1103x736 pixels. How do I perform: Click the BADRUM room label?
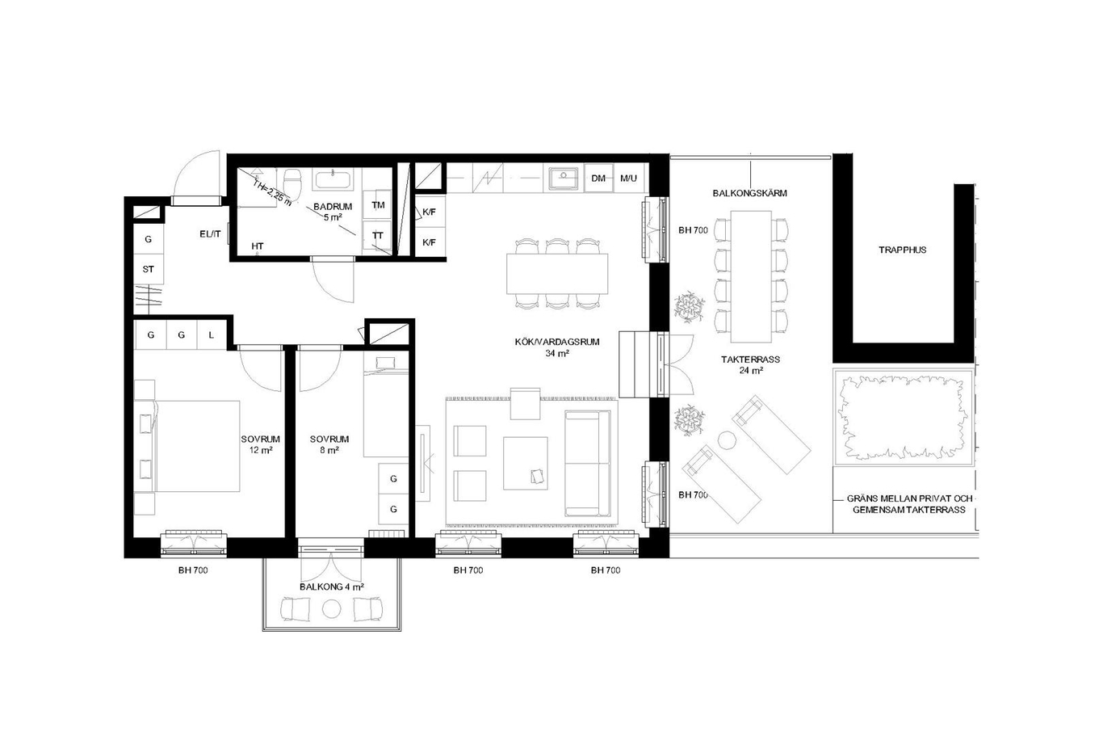pyautogui.click(x=333, y=206)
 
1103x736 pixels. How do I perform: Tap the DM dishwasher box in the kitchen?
pyautogui.click(x=598, y=179)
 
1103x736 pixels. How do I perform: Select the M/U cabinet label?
pyautogui.click(x=628, y=179)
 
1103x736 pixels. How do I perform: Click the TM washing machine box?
pyautogui.click(x=378, y=204)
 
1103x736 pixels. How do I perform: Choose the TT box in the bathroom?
pyautogui.click(x=378, y=236)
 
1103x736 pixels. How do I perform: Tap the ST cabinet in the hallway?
pyautogui.click(x=149, y=270)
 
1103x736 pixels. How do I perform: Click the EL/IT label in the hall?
pyautogui.click(x=210, y=234)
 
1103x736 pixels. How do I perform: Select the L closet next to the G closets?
pyautogui.click(x=212, y=335)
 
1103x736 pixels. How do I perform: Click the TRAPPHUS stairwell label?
pyautogui.click(x=903, y=250)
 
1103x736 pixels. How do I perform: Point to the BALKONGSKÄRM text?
pyautogui.click(x=749, y=193)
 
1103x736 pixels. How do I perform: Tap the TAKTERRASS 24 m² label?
pyautogui.click(x=750, y=364)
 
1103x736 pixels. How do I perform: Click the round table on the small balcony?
pyautogui.click(x=331, y=609)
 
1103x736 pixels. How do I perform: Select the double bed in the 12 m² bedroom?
pyautogui.click(x=197, y=446)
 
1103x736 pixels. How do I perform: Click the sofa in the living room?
pyautogui.click(x=588, y=463)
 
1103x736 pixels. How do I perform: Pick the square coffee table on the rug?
pyautogui.click(x=526, y=463)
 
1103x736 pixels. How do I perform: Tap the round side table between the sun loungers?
pyautogui.click(x=726, y=439)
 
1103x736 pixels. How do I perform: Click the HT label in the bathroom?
pyautogui.click(x=257, y=246)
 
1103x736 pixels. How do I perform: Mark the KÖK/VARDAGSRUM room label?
pyautogui.click(x=557, y=347)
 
